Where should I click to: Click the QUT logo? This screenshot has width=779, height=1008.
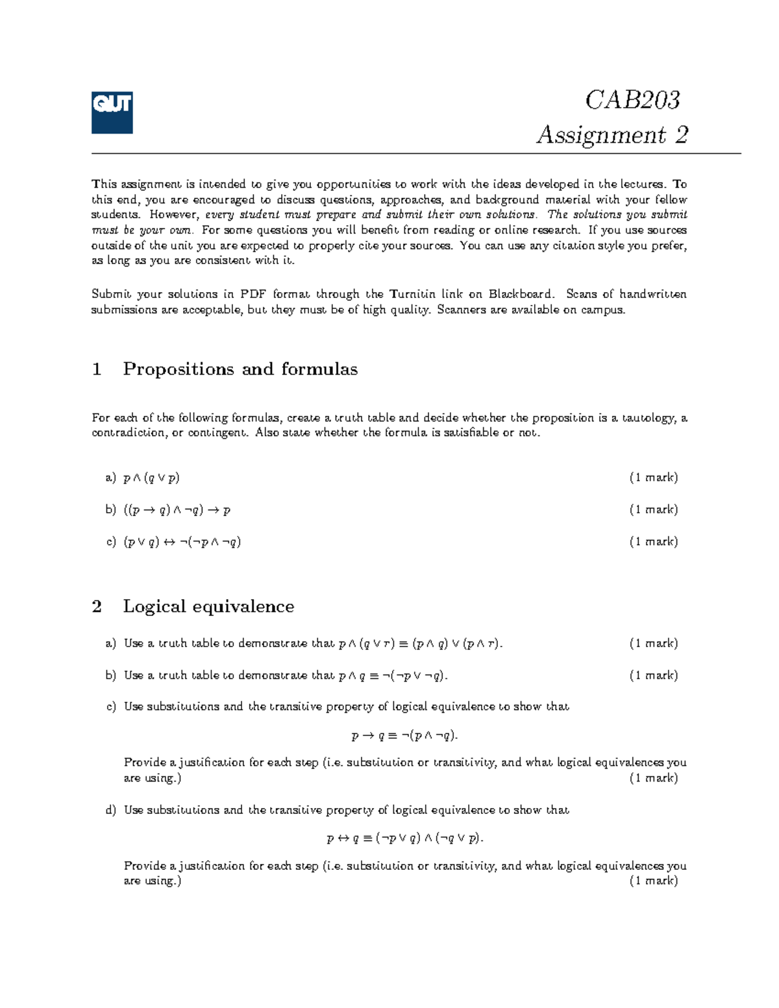click(x=112, y=112)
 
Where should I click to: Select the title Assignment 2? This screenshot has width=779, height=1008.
click(x=612, y=135)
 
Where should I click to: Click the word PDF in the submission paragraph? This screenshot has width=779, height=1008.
click(x=253, y=294)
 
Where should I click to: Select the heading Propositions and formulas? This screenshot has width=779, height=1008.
click(x=240, y=369)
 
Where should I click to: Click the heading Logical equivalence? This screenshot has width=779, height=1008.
click(x=208, y=606)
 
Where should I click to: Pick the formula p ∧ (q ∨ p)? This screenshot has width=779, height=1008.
click(x=151, y=478)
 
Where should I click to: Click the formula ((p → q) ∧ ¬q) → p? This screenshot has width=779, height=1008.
click(x=177, y=510)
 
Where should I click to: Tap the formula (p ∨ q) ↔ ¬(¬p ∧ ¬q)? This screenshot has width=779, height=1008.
click(x=182, y=542)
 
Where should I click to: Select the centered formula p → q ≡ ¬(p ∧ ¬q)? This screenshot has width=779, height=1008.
click(x=404, y=735)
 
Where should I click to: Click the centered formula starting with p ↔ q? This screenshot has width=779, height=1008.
click(x=405, y=838)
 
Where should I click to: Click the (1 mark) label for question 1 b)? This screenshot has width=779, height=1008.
click(x=653, y=510)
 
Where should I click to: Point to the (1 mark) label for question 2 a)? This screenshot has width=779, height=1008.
click(x=653, y=643)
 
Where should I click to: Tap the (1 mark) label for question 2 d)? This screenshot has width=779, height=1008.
click(x=653, y=881)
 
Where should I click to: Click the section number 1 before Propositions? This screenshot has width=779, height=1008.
click(x=97, y=369)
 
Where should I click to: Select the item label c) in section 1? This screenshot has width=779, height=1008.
click(x=110, y=542)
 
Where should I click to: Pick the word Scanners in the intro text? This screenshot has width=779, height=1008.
click(x=462, y=310)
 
